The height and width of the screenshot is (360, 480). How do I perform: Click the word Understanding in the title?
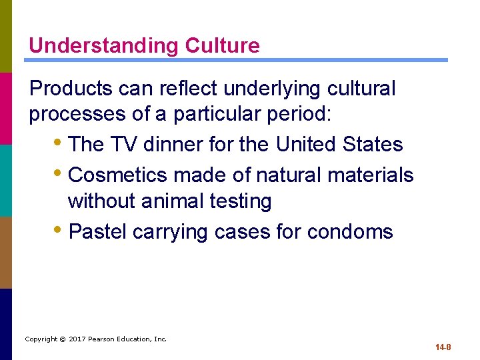(x=104, y=45)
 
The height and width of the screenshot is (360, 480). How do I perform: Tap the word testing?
(x=239, y=201)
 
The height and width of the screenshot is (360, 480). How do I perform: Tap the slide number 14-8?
(x=443, y=347)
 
